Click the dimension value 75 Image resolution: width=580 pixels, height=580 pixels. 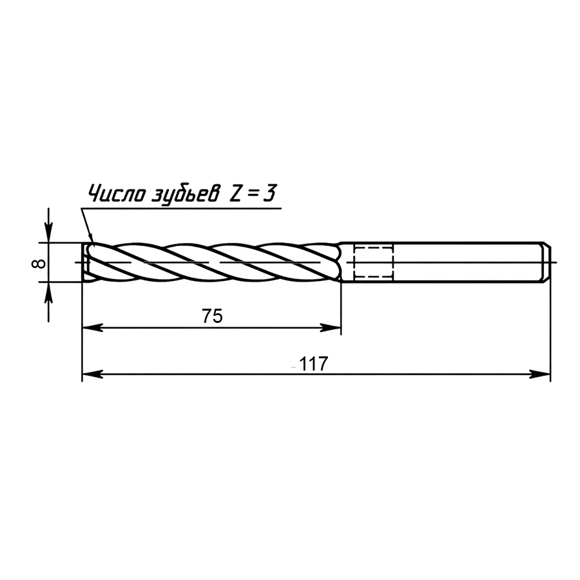[x=212, y=316]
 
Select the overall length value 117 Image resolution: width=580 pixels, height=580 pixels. [x=313, y=364]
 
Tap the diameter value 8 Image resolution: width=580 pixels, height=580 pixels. [x=39, y=264]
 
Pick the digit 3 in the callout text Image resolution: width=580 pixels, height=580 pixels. [x=269, y=193]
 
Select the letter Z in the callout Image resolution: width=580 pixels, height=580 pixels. [x=236, y=193]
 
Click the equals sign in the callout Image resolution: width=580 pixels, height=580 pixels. [x=253, y=194]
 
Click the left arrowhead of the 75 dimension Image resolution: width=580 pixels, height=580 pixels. [x=92, y=328]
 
